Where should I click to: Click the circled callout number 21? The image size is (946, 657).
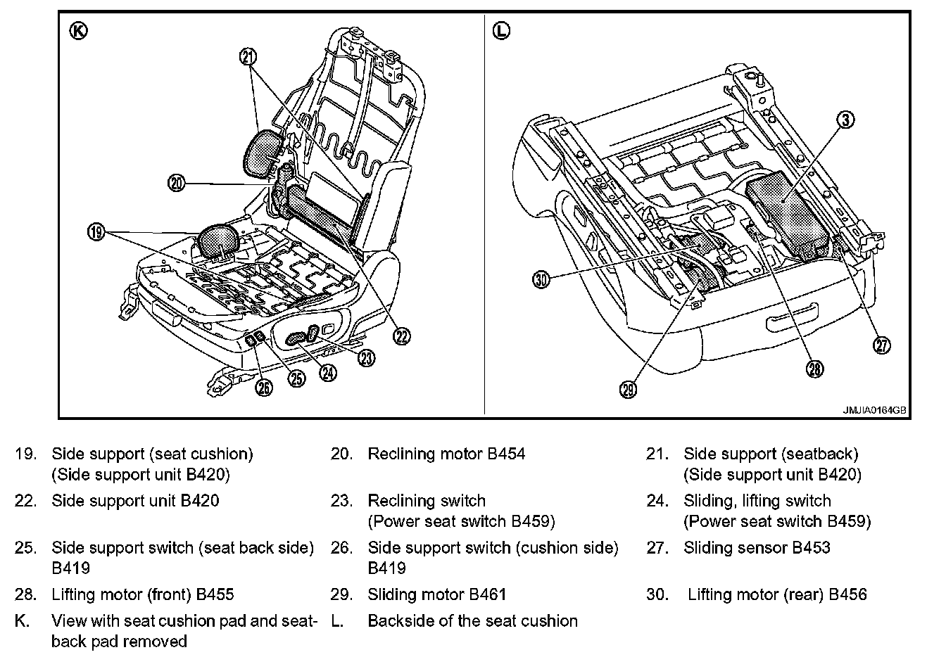248,57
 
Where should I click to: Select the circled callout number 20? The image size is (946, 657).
176,184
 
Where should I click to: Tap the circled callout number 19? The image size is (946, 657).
96,231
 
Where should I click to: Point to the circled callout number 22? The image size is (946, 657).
401,337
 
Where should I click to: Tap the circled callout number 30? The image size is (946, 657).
541,279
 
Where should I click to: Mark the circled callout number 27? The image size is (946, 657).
881,344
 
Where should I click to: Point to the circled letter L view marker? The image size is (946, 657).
501,31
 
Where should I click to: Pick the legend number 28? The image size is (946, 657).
25,595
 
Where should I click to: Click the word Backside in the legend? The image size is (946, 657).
400,621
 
